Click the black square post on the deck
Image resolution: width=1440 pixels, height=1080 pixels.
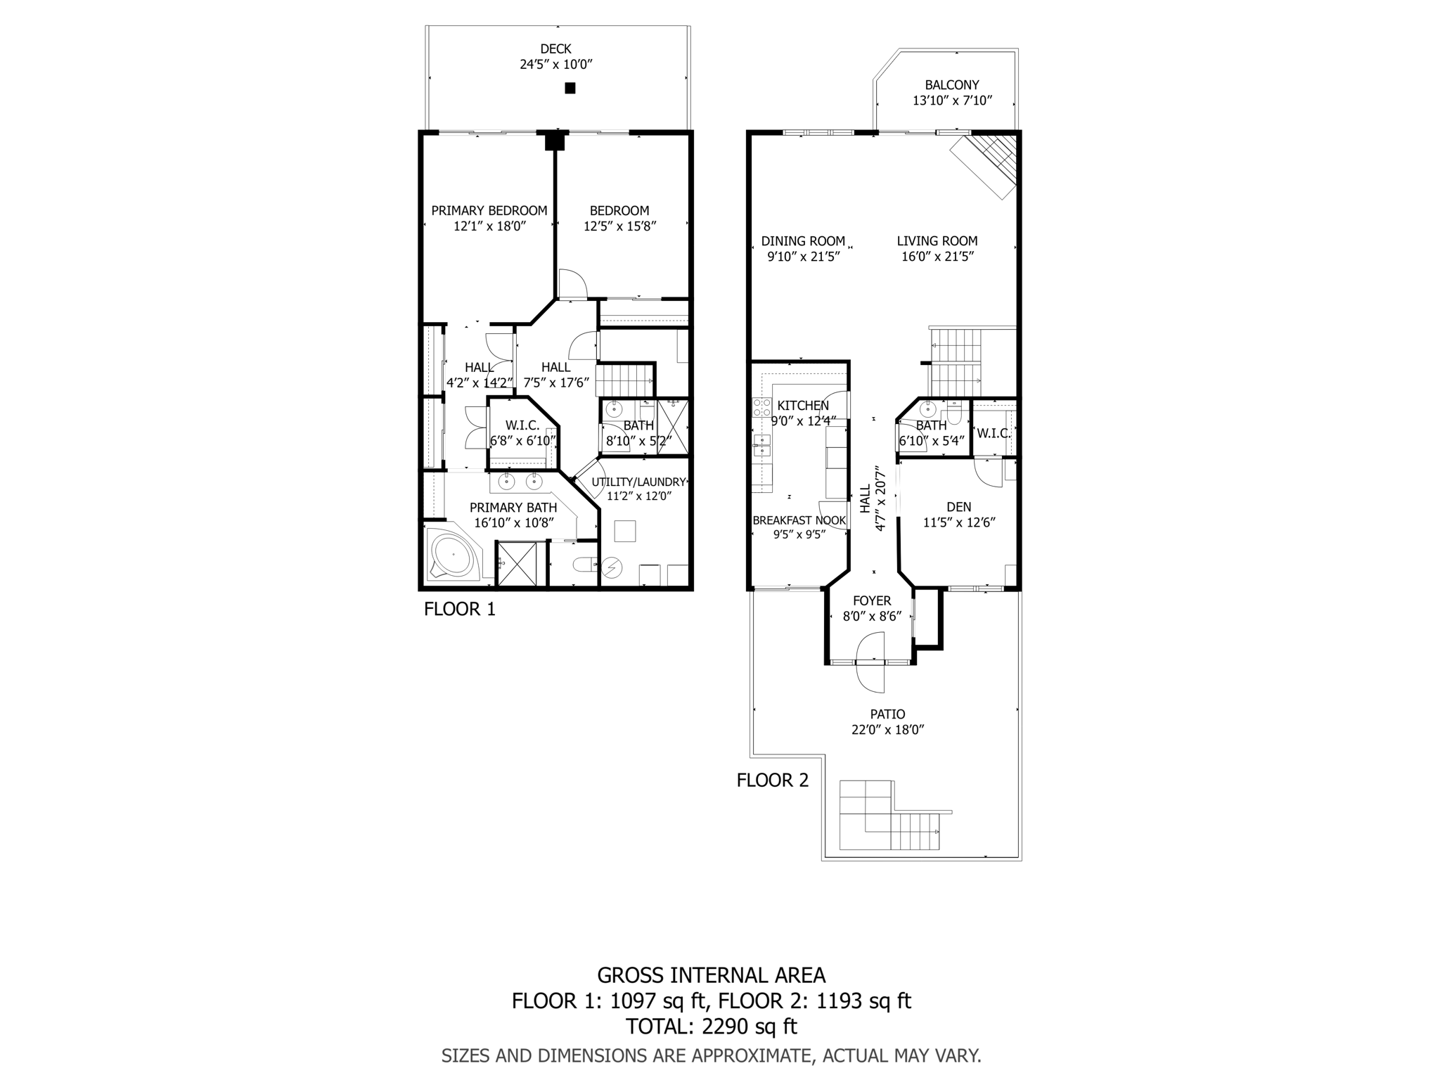pyautogui.click(x=570, y=89)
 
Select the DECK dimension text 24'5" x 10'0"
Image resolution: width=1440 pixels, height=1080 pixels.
pyautogui.click(x=556, y=65)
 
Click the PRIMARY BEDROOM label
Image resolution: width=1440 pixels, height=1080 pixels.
pyautogui.click(x=489, y=210)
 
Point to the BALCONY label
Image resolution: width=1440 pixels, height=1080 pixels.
pyautogui.click(x=952, y=85)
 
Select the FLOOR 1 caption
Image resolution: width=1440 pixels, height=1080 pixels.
pyautogui.click(x=459, y=609)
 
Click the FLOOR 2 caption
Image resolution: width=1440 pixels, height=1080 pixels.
pyautogui.click(x=772, y=780)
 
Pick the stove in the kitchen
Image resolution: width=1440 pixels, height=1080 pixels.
pyautogui.click(x=761, y=407)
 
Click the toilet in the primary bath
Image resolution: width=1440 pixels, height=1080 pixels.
pyautogui.click(x=583, y=564)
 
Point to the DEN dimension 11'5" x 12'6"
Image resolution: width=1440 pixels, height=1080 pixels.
pyautogui.click(x=959, y=522)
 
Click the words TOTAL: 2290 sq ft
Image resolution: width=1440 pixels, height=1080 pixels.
pyautogui.click(x=711, y=1027)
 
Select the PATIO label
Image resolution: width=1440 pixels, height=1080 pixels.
pyautogui.click(x=887, y=714)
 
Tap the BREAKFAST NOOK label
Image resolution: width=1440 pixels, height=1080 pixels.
pyautogui.click(x=799, y=520)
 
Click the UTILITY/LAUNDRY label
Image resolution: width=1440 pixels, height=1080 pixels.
pyautogui.click(x=638, y=482)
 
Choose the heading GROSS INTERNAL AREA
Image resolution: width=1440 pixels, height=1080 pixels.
pyautogui.click(x=711, y=975)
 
